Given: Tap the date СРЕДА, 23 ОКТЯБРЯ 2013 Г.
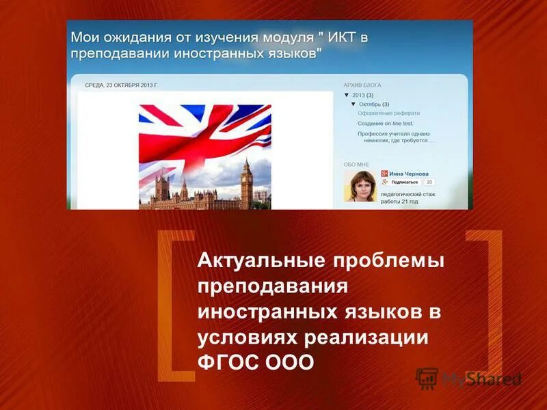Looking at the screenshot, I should [121, 85].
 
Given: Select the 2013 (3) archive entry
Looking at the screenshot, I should [362, 95].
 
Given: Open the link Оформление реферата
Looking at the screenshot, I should [388, 113].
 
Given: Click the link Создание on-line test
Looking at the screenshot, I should [387, 123].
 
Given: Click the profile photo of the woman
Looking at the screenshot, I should [360, 186].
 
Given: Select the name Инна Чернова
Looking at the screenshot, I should [410, 174].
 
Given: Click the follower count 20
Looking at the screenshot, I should [429, 182].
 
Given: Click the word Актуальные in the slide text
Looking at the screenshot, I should [260, 260].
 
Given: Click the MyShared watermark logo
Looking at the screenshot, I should [468, 379].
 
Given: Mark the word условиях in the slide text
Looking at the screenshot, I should [247, 337].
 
